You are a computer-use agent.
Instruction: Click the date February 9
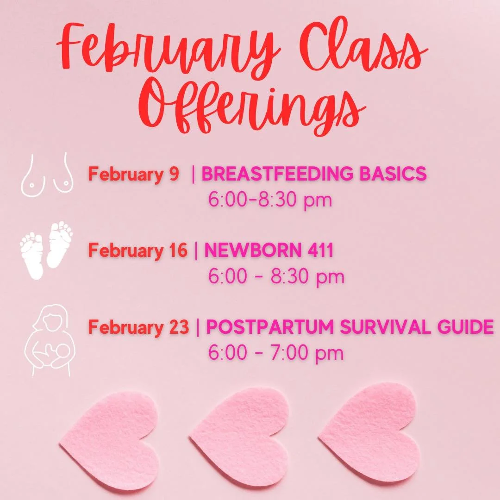point(133,175)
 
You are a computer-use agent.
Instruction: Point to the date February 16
point(138,251)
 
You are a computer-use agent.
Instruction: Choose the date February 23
point(138,328)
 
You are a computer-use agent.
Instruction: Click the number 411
point(317,251)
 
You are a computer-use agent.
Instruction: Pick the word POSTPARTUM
point(271,328)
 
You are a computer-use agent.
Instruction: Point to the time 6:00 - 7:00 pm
point(276,353)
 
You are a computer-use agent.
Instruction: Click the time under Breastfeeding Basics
point(270,200)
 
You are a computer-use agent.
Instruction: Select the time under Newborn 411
point(276,277)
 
